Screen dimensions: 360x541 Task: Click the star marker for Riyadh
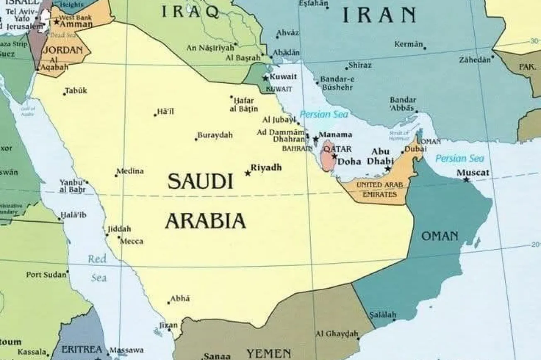click(248, 173)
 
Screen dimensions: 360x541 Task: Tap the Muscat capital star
click(466, 180)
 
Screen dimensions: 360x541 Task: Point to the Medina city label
click(130, 171)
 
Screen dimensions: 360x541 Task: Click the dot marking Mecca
click(119, 238)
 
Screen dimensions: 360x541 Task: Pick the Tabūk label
click(76, 90)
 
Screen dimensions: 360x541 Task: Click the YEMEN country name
click(269, 354)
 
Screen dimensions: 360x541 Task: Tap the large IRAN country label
click(379, 16)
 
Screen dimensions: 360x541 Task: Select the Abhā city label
click(180, 299)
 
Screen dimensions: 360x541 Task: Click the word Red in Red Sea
click(97, 260)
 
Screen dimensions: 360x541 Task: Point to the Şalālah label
click(383, 314)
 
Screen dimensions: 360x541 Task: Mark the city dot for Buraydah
click(196, 139)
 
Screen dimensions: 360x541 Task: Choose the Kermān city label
click(409, 44)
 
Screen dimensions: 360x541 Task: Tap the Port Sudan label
click(46, 275)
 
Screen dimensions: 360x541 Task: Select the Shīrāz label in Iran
click(360, 65)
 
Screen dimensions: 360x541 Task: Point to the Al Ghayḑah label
click(336, 333)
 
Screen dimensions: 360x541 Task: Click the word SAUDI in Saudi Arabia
click(200, 182)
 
